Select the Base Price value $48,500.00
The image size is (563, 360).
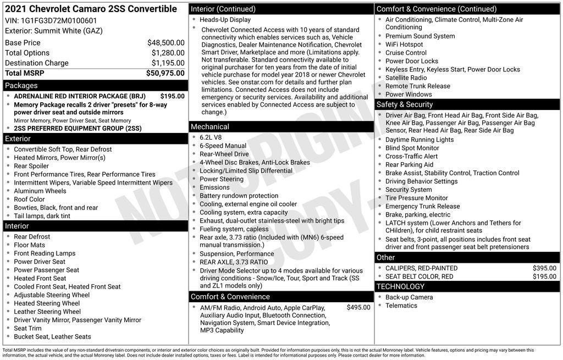(x=165, y=43)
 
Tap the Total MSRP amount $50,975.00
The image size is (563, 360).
(x=165, y=73)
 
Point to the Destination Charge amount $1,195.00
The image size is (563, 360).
(x=168, y=63)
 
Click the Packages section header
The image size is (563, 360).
(x=21, y=86)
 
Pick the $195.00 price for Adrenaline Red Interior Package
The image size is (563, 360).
(x=172, y=96)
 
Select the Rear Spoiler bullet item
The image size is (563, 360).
(x=31, y=166)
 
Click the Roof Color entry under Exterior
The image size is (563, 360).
(x=29, y=200)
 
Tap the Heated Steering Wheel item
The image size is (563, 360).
(x=47, y=303)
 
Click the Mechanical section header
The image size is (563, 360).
(x=210, y=127)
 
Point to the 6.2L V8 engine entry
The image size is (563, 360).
(x=211, y=137)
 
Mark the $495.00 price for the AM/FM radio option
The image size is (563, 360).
(x=358, y=308)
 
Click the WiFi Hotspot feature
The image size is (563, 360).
(x=404, y=45)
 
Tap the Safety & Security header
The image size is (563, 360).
(x=405, y=104)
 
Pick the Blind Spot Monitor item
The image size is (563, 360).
(x=412, y=148)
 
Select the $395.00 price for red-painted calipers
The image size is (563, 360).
(x=544, y=268)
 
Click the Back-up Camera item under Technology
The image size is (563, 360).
(x=409, y=297)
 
